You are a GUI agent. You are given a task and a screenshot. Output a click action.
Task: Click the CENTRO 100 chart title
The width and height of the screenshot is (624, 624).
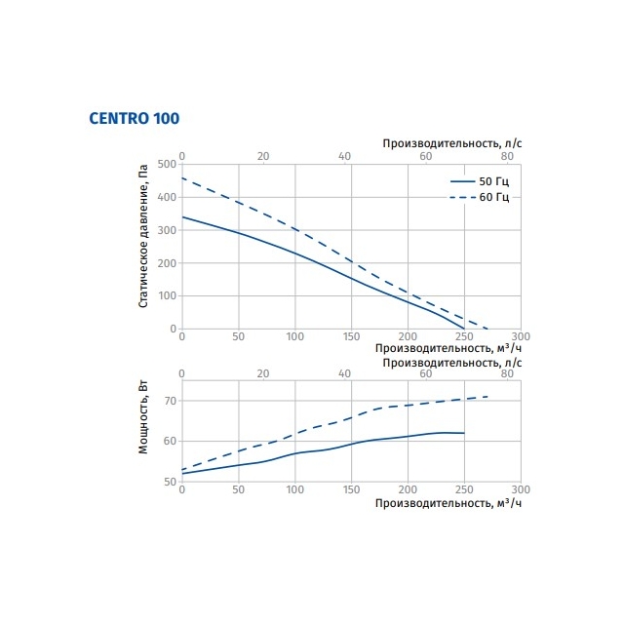tap(135, 118)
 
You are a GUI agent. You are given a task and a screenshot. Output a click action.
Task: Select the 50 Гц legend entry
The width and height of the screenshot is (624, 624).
tap(480, 181)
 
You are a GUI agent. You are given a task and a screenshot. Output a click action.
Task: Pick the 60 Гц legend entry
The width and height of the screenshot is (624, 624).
tap(480, 197)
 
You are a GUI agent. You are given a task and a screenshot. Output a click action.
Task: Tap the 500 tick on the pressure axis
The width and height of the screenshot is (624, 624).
tap(167, 164)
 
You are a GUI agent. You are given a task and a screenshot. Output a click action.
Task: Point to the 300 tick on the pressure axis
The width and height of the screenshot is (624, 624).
tap(167, 230)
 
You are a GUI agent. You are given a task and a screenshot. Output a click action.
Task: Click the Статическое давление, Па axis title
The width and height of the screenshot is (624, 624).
tap(143, 236)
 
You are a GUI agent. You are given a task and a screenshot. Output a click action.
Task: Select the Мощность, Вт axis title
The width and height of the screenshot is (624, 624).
tap(143, 417)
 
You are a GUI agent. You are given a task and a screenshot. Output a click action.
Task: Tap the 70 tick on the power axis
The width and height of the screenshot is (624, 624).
tap(170, 401)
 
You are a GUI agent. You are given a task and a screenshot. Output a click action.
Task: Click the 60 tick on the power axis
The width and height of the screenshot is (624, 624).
tap(170, 441)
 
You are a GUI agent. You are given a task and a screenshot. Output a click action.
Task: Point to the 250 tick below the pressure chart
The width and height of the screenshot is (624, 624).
tap(464, 336)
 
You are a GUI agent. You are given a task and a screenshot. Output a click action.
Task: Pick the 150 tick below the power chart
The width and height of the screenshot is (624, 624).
tap(351, 489)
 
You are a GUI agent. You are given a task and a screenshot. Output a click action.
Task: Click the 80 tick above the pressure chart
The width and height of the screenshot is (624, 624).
tap(507, 156)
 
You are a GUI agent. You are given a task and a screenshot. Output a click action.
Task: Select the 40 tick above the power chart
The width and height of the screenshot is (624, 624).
tap(344, 373)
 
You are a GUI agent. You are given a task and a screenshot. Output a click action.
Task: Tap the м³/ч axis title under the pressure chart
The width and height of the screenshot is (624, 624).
tap(448, 348)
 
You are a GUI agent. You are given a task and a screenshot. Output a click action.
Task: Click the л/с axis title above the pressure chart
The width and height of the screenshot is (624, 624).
tap(452, 143)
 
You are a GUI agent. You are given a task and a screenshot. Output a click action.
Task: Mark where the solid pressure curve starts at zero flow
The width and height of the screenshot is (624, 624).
tap(182, 216)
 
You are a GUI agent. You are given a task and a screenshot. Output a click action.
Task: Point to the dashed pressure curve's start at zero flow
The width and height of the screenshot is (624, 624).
tap(182, 177)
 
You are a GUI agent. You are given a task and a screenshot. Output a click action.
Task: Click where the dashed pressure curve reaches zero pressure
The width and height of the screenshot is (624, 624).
tap(487, 329)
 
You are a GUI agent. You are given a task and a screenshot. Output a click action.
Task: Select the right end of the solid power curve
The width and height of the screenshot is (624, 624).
tap(464, 433)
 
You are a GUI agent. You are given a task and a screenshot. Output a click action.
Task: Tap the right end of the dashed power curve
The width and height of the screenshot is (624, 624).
tap(487, 397)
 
